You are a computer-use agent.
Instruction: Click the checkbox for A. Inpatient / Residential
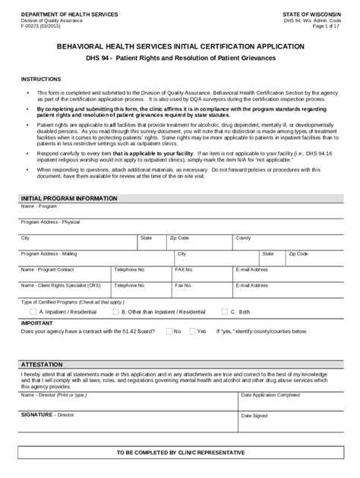[x=33, y=311]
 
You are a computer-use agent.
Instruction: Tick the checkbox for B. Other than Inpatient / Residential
[x=115, y=311]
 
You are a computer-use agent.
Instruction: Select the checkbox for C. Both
[x=224, y=311]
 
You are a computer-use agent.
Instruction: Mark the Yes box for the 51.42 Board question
[x=193, y=331]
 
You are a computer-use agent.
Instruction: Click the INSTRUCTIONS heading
[x=42, y=78]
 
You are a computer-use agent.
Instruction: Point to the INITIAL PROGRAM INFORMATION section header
[x=69, y=198]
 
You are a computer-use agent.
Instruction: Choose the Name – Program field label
[x=39, y=205]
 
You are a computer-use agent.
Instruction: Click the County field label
[x=243, y=237]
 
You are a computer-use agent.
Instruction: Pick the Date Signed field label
[x=254, y=415]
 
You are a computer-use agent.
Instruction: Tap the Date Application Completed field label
[x=270, y=395]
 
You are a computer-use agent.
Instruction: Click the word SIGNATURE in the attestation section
[x=37, y=415]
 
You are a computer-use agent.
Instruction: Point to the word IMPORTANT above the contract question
[x=36, y=322]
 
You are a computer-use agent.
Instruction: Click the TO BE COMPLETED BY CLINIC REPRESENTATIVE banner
[x=180, y=452]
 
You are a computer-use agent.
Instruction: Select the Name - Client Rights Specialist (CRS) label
[x=61, y=285]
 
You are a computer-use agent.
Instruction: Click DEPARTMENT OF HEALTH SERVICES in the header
[x=69, y=14]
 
